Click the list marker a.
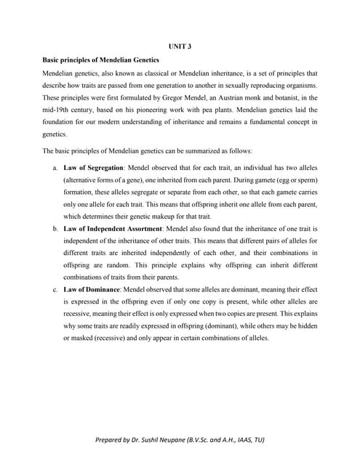pos(56,167)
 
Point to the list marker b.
pos(56,229)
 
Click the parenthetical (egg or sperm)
pos(296,179)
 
